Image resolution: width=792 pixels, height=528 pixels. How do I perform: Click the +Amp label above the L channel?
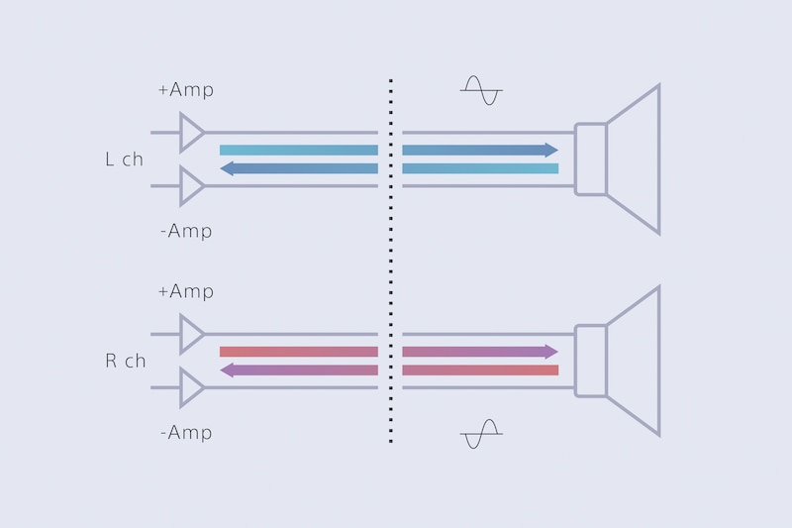point(185,90)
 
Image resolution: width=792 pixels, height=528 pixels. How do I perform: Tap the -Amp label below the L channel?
point(185,231)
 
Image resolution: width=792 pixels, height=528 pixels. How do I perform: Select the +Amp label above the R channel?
point(185,292)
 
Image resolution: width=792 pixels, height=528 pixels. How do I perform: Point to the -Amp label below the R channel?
point(185,433)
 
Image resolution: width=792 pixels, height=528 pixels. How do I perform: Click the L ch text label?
point(124,159)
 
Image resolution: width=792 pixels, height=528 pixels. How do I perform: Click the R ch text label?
point(125,361)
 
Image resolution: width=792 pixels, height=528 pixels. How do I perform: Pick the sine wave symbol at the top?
point(481,91)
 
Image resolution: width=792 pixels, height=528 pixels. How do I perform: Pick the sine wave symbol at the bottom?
point(481,434)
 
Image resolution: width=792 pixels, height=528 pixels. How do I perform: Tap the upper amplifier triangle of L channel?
point(191,132)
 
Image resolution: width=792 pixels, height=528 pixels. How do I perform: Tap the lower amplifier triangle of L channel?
point(191,185)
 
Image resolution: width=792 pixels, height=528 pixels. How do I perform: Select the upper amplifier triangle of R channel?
point(191,334)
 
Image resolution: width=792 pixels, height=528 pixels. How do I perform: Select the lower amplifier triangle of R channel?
point(191,387)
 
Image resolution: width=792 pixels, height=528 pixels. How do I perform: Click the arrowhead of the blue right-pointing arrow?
point(550,150)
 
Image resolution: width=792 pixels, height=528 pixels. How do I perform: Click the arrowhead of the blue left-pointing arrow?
point(228,168)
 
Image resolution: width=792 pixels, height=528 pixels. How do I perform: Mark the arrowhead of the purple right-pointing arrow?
point(550,352)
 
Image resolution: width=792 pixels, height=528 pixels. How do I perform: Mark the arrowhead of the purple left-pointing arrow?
point(228,370)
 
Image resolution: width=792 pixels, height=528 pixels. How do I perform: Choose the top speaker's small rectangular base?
point(590,159)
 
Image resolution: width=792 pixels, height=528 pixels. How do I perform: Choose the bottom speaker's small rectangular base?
point(590,361)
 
